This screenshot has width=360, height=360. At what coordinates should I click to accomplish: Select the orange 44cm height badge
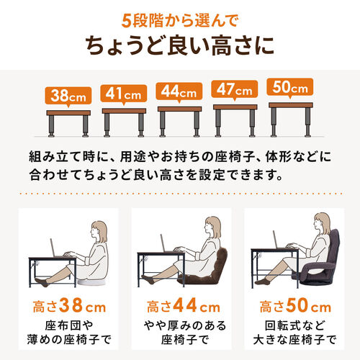(179, 91)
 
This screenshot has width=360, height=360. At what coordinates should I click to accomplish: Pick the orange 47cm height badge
(234, 90)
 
